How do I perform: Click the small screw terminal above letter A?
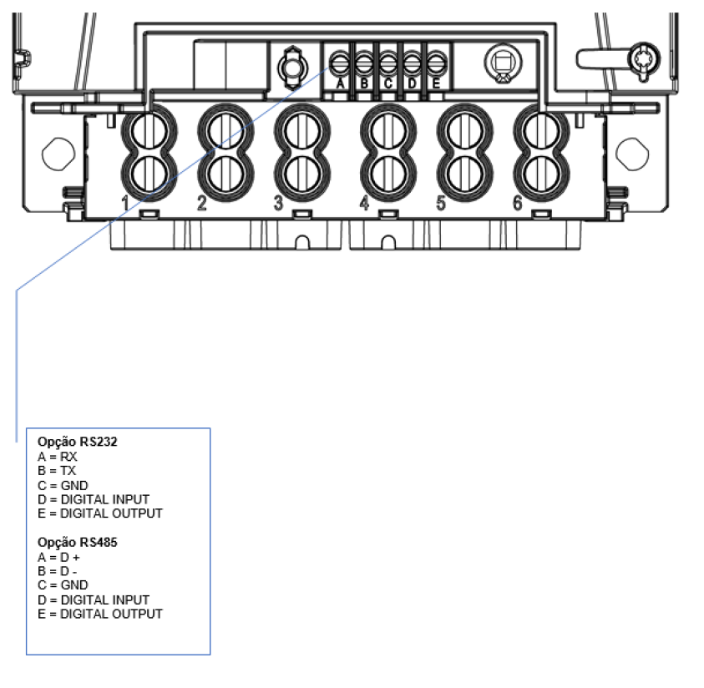[x=340, y=63]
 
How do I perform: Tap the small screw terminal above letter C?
[x=388, y=63]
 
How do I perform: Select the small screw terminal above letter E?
[x=436, y=63]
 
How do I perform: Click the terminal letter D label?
[x=413, y=83]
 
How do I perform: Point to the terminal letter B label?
[x=364, y=83]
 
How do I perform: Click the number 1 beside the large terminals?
[x=125, y=203]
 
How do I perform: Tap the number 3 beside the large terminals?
[x=278, y=203]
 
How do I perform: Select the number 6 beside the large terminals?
[x=518, y=203]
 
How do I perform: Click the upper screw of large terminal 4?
[x=388, y=131]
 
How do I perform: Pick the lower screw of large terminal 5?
[x=464, y=174]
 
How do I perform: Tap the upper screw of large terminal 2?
[x=225, y=131]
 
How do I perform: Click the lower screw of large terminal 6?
[x=541, y=174]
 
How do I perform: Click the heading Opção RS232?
[x=77, y=442]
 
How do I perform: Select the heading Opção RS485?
[x=77, y=542]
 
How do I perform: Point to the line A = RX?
[x=58, y=457]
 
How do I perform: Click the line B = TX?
[x=57, y=471]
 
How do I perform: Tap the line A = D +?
[x=58, y=558]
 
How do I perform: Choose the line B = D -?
[x=58, y=571]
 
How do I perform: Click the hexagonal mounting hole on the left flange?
[x=58, y=154]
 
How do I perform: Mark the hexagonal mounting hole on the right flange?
[x=632, y=154]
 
